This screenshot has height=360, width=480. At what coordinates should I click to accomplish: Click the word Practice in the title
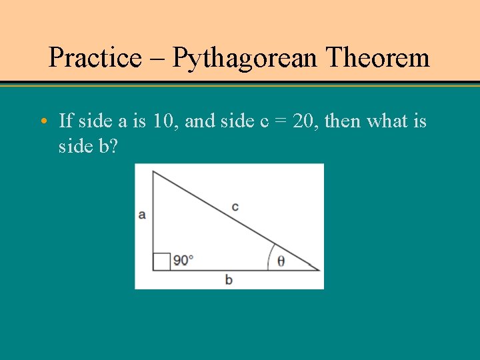click(x=95, y=58)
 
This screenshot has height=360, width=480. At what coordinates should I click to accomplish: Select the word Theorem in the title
click(x=378, y=58)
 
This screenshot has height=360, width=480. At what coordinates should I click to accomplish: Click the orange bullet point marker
click(x=43, y=121)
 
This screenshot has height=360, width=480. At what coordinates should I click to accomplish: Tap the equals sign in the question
click(x=279, y=122)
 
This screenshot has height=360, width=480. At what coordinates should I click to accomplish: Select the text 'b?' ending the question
click(x=108, y=146)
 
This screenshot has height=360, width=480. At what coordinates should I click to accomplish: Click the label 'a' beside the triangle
click(x=142, y=215)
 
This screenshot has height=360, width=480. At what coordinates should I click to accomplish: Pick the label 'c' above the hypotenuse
click(x=235, y=207)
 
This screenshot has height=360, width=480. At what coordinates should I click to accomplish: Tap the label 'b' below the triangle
click(x=229, y=280)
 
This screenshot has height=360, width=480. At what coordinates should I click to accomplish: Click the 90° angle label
click(x=183, y=260)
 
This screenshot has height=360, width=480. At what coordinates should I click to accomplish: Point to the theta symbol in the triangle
click(x=281, y=261)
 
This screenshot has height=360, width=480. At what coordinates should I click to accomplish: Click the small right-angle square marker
click(x=161, y=261)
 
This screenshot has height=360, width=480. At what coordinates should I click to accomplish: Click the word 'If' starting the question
click(x=66, y=121)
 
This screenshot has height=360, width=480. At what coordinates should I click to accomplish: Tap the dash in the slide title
click(x=157, y=59)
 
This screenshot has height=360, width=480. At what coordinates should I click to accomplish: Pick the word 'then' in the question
click(x=344, y=121)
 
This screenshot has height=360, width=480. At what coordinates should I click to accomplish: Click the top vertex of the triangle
click(x=153, y=172)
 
